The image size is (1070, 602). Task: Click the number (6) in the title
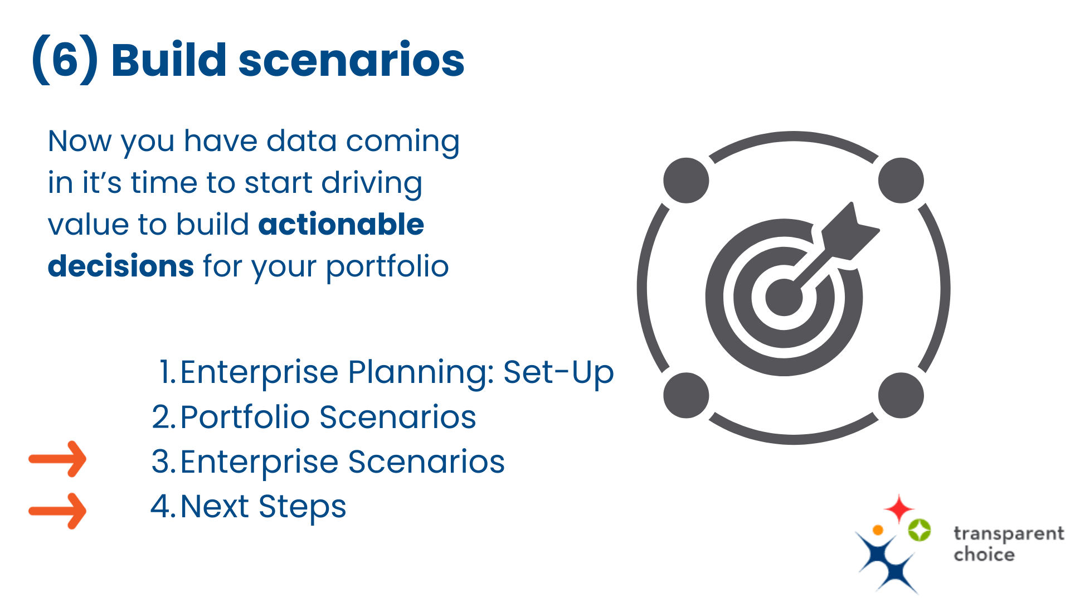[x=65, y=60]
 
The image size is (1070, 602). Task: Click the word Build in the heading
[x=168, y=60]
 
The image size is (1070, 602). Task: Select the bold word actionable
[x=341, y=224]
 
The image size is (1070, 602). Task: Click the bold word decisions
[x=121, y=266]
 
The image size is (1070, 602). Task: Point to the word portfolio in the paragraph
[x=387, y=267]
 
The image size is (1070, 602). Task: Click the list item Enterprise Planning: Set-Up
[x=386, y=372]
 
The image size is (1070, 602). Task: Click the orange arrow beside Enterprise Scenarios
[x=58, y=459]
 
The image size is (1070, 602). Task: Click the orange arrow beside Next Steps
[x=58, y=511]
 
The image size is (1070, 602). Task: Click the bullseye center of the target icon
[x=784, y=297]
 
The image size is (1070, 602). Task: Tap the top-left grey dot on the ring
[x=686, y=180]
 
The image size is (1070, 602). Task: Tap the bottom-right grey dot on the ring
[x=901, y=395]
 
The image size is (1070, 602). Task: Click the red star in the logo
[x=898, y=508]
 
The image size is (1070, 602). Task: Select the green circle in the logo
[x=919, y=530]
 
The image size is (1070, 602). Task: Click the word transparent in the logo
[x=1008, y=534]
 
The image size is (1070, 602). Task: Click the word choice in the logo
[x=984, y=555]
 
